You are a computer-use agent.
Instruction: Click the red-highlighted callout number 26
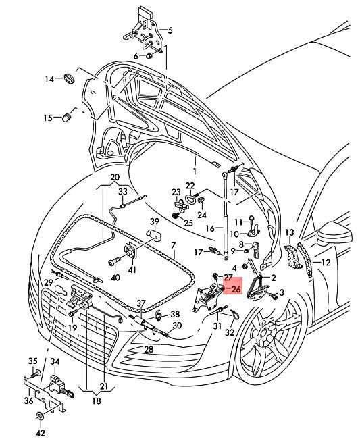tap(235, 289)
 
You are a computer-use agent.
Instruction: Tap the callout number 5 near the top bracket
tap(170, 30)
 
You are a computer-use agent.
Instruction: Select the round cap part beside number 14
tap(69, 79)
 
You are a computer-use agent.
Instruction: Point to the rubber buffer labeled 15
tap(68, 118)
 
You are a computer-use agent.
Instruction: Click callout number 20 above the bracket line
tap(115, 178)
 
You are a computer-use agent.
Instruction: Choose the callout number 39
tap(154, 222)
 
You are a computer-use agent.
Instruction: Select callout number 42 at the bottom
tap(42, 433)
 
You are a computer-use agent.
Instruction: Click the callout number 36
tap(28, 401)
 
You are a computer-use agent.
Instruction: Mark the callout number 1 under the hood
tap(193, 161)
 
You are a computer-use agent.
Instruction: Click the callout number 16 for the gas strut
tap(210, 228)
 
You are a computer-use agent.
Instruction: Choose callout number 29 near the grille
tap(49, 282)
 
